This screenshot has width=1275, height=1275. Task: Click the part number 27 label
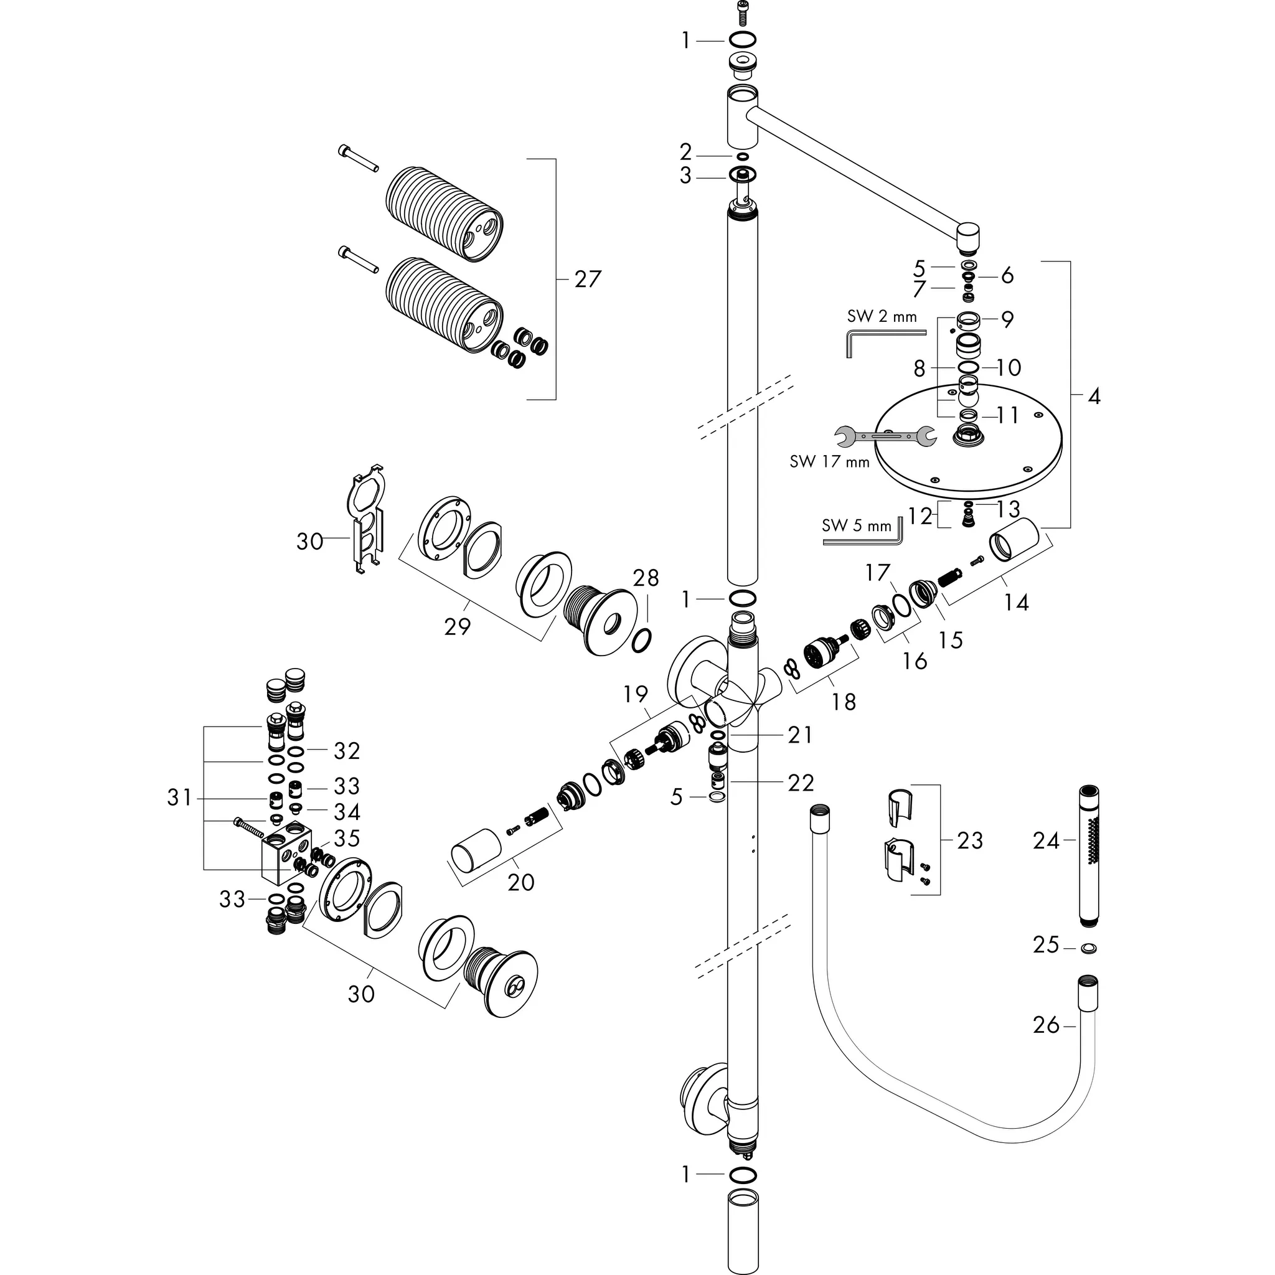(586, 279)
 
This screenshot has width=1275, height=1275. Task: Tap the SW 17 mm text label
(829, 461)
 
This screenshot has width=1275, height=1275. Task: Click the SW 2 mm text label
(882, 317)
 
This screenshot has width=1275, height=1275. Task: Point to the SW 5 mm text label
(856, 526)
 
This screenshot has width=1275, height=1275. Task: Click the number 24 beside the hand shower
(1045, 840)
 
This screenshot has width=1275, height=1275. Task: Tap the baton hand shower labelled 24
(1090, 855)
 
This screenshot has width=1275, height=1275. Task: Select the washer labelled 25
(1089, 949)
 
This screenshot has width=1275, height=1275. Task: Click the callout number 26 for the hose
(1045, 1025)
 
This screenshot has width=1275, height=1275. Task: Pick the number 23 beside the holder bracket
(969, 840)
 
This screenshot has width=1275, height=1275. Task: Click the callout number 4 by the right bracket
(1093, 397)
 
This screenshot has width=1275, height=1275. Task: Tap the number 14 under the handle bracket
(1015, 602)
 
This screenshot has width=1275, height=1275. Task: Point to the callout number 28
(646, 578)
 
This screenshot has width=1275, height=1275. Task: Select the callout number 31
(179, 798)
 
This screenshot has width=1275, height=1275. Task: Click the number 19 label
(636, 694)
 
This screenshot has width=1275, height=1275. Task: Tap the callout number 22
(801, 783)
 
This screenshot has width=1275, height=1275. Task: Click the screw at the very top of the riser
(741, 11)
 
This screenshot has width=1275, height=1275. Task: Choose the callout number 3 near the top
(685, 176)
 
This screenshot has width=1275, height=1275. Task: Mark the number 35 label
(347, 838)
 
